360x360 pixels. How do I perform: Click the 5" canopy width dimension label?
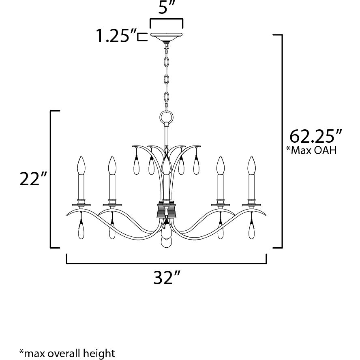pos(166,9)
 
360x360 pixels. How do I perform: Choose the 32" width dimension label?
pos(167,278)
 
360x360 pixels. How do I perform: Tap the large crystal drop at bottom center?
pos(166,239)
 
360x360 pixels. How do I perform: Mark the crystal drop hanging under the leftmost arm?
pos(81,231)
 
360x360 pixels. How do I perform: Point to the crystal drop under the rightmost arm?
pos(252,231)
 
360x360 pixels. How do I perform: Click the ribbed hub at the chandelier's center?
pos(166,211)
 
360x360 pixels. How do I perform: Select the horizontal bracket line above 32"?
pos(166,263)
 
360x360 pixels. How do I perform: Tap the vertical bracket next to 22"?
pos(51,179)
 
